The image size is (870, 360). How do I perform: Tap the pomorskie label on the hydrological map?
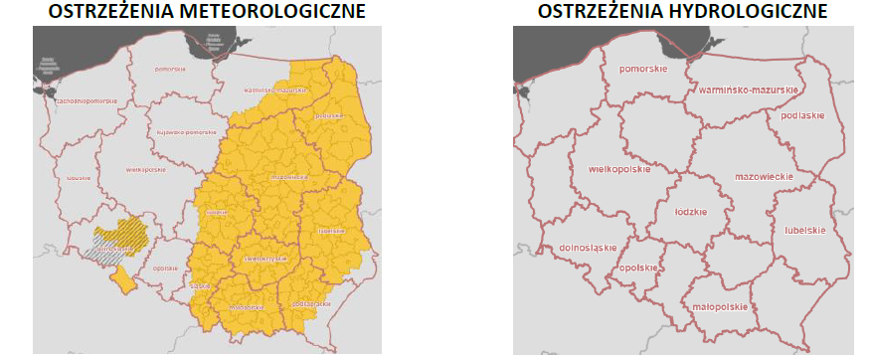pos(641,70)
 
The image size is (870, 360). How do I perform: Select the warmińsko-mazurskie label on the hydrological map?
pos(749,90)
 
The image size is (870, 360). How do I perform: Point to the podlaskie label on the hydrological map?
pos(803,115)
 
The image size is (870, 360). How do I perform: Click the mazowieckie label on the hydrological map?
pos(763,176)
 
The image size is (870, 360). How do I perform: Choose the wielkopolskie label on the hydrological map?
pos(619,169)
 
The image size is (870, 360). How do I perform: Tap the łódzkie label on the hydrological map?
pos(689,212)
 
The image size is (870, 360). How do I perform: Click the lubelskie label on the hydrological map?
pos(803,230)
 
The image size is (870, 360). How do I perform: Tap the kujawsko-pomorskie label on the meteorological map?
pos(186,132)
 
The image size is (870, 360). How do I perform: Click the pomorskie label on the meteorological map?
pos(171,69)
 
